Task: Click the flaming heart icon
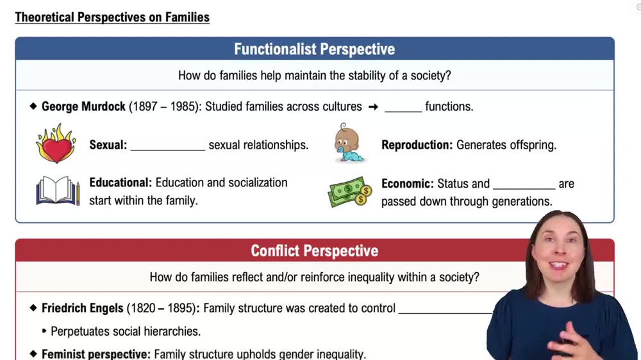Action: point(55,143)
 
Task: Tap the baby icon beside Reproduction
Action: point(349,143)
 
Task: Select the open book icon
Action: point(57,192)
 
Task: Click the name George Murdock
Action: point(83,106)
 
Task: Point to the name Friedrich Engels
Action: point(83,308)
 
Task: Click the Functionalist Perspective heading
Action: point(314,49)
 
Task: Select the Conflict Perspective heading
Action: point(314,250)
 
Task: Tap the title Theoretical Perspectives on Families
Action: point(112,17)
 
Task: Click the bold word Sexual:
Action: point(108,145)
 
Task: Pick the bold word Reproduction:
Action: point(417,145)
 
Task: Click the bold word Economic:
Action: point(407,184)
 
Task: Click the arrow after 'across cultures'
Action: point(373,107)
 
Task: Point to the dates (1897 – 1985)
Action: point(164,106)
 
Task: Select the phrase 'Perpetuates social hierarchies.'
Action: point(126,331)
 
